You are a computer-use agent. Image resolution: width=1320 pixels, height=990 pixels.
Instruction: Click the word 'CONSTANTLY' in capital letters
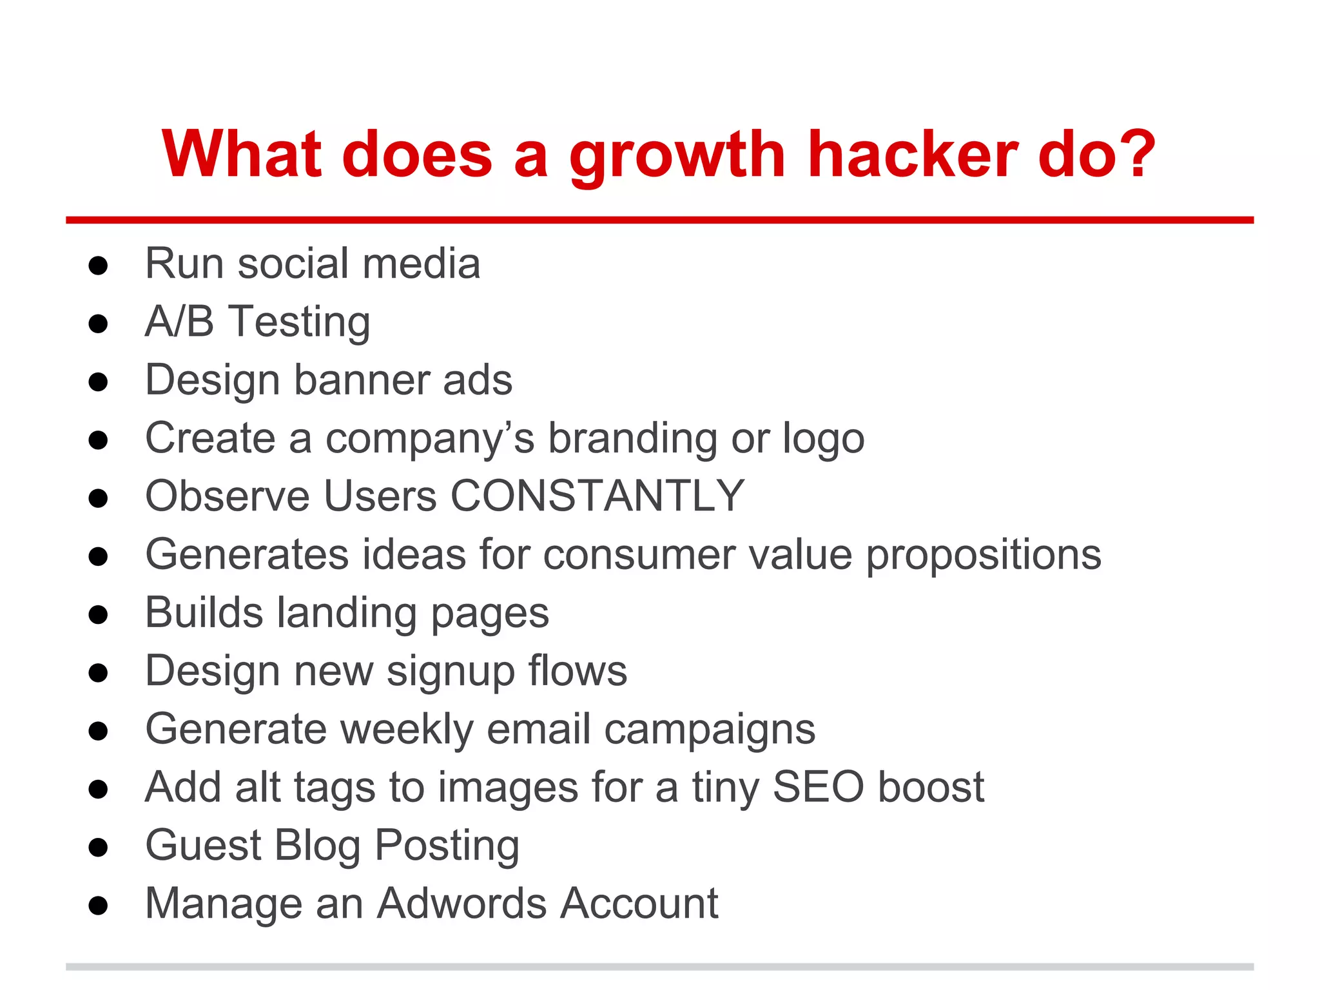(597, 496)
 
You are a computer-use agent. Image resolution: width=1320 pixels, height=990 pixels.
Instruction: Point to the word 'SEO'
(818, 787)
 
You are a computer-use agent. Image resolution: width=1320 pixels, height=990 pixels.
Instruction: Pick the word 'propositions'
(984, 556)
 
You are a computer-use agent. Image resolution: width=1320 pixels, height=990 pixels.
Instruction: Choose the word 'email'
(539, 730)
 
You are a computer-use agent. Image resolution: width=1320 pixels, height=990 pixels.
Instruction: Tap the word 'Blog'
(317, 846)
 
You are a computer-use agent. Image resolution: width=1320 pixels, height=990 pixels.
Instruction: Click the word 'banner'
(362, 380)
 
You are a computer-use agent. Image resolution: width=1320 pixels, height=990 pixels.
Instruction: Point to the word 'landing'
(347, 614)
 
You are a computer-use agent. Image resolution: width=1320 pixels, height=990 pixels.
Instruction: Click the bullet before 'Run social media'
(98, 266)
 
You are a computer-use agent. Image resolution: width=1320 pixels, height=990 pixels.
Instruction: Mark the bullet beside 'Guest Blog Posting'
(98, 848)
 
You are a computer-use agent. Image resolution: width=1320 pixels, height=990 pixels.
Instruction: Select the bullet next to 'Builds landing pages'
(98, 615)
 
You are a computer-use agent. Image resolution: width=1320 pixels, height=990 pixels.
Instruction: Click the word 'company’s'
(430, 440)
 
